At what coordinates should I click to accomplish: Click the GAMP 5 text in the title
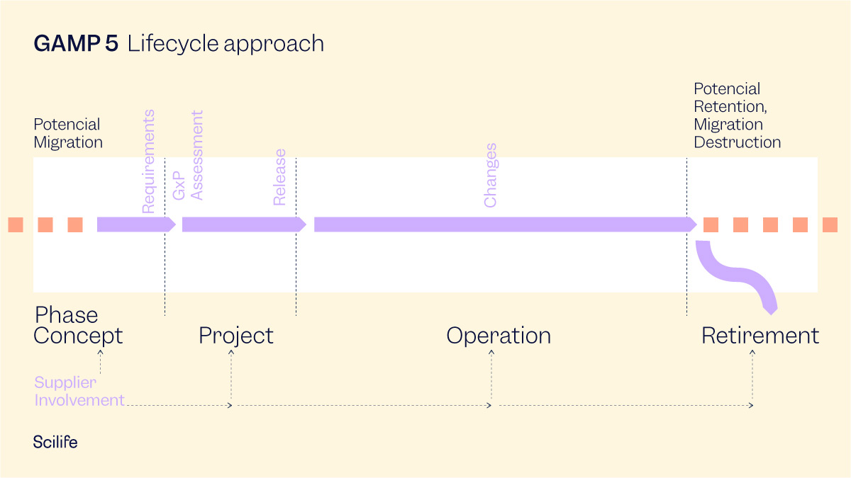76,44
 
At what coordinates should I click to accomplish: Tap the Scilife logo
55,443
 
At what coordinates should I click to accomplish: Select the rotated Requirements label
148,161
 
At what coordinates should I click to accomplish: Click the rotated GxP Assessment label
188,155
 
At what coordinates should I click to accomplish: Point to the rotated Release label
279,177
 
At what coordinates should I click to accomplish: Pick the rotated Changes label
490,176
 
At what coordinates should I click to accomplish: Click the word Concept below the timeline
78,336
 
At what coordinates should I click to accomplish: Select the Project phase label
235,336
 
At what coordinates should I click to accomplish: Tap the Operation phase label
498,336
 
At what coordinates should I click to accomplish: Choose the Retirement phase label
760,336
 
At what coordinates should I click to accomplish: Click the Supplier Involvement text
79,392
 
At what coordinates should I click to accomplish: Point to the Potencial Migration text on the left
68,133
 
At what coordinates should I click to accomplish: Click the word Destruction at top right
737,142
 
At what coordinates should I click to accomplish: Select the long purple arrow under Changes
496,224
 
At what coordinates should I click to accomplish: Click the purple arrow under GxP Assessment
241,224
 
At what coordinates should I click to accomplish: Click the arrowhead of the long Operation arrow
691,224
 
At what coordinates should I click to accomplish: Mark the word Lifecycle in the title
174,44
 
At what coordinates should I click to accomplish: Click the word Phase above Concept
67,315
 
